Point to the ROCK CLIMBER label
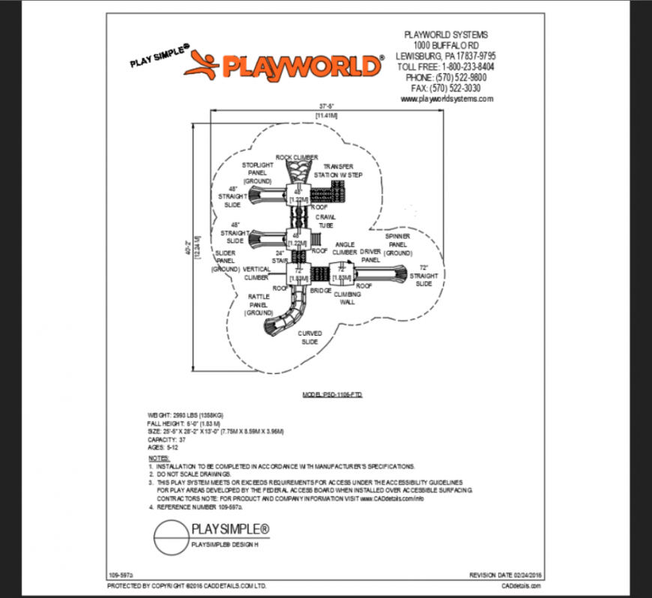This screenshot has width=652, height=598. [297, 157]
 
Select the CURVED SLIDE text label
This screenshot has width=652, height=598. [309, 337]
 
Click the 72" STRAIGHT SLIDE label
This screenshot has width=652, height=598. [423, 276]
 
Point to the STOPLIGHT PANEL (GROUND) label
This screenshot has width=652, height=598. [257, 172]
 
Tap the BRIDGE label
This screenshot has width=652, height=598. [320, 289]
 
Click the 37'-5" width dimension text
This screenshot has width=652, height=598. [326, 106]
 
